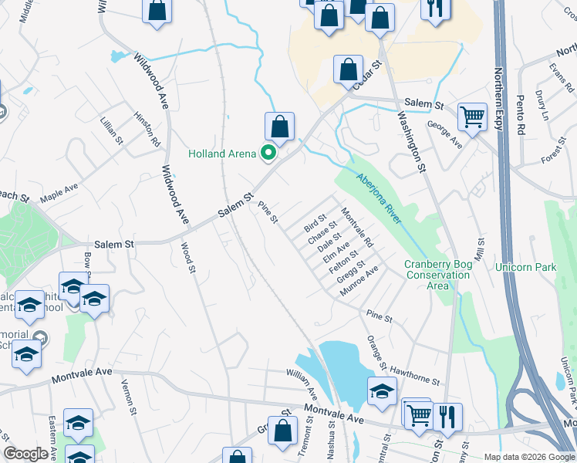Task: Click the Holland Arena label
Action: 222,154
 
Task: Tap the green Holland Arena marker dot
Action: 268,153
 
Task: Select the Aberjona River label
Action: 380,199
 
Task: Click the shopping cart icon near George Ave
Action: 472,117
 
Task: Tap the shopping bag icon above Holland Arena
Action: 279,127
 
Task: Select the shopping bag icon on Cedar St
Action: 348,69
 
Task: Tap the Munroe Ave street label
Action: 359,284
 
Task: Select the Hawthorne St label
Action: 414,376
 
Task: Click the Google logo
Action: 25,454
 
